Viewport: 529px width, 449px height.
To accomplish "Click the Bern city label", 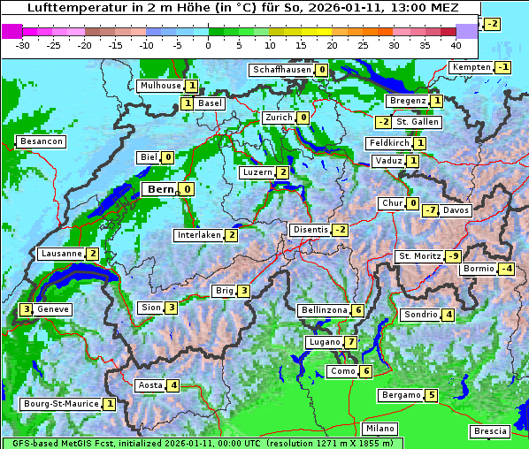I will coord(160,189).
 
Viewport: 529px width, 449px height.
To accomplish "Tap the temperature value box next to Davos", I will coord(430,210).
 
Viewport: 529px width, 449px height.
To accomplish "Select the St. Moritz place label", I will coord(419,256).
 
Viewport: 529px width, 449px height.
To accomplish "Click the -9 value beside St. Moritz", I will coord(453,256).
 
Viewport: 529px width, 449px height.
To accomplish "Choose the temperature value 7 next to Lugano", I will coord(351,342).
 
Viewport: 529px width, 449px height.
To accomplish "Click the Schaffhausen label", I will coord(281,70).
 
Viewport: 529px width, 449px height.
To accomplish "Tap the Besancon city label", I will coord(41,141).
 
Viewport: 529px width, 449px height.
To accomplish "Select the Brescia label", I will coord(490,430).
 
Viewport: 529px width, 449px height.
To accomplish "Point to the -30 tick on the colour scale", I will coord(23,44).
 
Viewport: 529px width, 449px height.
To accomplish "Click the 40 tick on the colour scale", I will coord(456,44).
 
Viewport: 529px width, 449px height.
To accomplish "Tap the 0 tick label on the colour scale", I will coord(209,44).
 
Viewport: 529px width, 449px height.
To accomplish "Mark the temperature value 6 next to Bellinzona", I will coord(357,310).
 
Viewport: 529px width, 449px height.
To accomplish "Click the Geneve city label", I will coord(53,309).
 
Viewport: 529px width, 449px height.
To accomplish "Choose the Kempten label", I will coord(471,67).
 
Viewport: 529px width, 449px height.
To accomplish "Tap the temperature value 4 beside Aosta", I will coord(174,385).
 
